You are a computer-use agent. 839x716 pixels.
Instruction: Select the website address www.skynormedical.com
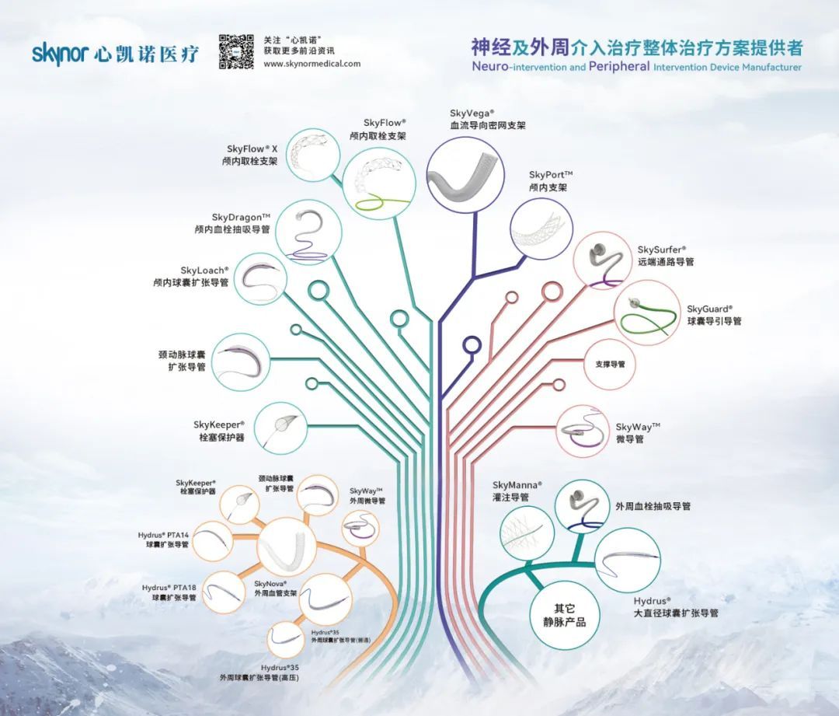tap(312, 64)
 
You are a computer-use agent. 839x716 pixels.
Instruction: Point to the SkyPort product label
tap(550, 181)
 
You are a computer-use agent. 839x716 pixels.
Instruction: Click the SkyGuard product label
tap(714, 314)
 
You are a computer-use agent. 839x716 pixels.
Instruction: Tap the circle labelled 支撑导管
tap(610, 363)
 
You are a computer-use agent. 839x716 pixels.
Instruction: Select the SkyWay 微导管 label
tap(637, 433)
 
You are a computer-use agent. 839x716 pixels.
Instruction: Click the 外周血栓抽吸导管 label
tap(653, 506)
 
